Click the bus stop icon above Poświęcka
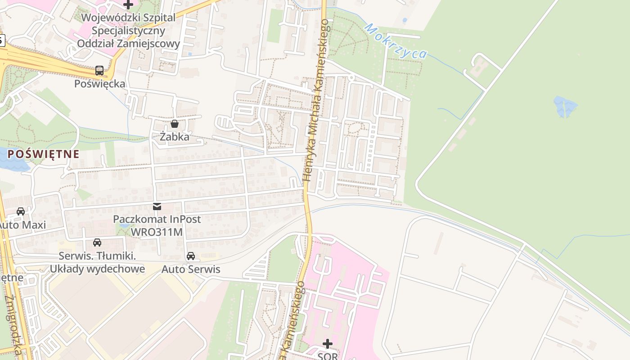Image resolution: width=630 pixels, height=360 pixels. tap(99, 71)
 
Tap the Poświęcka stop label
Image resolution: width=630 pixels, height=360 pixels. tap(100, 84)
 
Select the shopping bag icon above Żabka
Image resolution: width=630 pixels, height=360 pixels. tap(175, 124)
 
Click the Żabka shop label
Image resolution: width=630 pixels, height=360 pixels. tap(175, 137)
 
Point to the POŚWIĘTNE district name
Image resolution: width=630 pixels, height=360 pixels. tap(44, 154)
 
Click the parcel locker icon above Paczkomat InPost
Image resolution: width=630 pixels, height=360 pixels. tap(157, 207)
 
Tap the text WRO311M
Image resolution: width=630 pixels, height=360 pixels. tap(157, 232)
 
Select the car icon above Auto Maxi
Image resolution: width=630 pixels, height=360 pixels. tap(21, 211)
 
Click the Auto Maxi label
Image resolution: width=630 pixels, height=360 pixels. tap(22, 225)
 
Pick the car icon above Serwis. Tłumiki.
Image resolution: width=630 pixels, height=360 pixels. tap(97, 243)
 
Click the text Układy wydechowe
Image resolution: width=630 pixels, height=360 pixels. tap(97, 269)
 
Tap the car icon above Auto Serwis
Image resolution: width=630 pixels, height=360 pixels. tap(191, 256)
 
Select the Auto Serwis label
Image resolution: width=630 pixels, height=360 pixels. tap(191, 270)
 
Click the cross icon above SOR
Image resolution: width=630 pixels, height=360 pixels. tap(328, 344)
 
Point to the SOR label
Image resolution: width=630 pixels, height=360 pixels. tap(328, 356)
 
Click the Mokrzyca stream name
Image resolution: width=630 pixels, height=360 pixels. tap(396, 41)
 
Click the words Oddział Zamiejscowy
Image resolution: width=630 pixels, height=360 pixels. tap(129, 44)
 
